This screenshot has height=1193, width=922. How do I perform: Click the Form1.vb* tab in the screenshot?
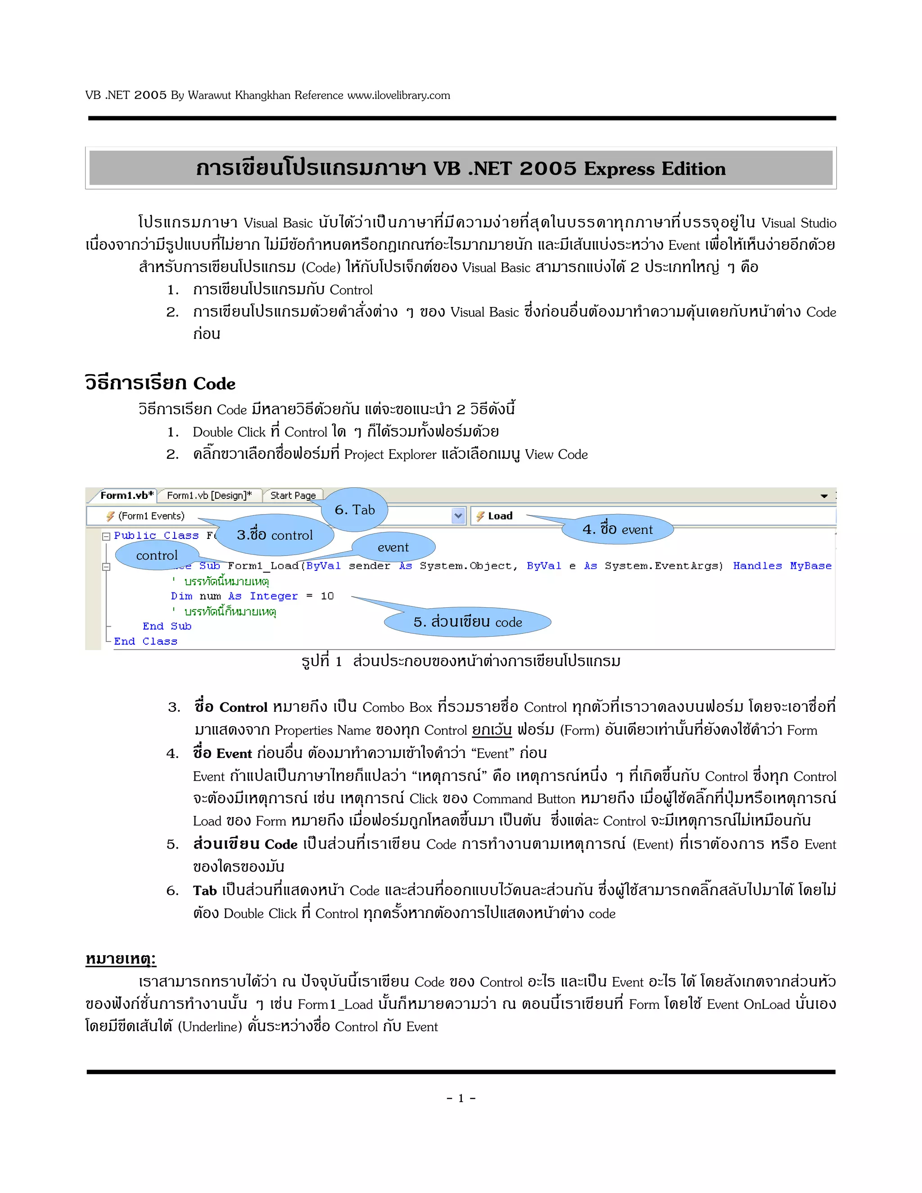point(127,496)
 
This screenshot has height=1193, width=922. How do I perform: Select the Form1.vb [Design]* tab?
point(209,496)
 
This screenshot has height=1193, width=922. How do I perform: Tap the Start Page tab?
point(293,496)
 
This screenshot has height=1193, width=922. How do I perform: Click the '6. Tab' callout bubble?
point(354,510)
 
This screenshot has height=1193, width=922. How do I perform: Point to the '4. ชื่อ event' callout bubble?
point(617,529)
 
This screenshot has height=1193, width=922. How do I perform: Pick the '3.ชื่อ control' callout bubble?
point(275,535)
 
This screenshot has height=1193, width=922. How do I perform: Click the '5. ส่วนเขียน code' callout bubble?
point(468,622)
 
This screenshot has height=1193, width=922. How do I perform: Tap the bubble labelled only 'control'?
point(157,555)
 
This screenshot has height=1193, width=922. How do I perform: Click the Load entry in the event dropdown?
point(500,515)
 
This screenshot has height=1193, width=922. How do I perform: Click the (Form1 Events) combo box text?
point(151,515)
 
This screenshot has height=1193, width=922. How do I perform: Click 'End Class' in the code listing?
point(145,641)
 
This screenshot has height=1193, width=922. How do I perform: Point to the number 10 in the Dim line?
point(327,596)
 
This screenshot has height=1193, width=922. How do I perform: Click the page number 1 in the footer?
point(461,1098)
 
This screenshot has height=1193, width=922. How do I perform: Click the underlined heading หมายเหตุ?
point(121,959)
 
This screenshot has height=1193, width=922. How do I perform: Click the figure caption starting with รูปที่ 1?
point(461,661)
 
